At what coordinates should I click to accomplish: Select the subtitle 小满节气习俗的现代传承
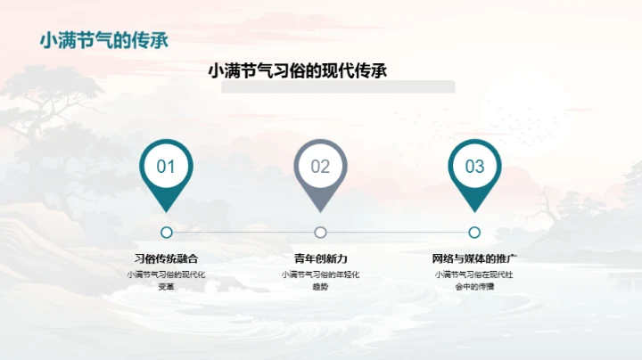297,71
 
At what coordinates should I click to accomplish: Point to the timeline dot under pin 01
167,233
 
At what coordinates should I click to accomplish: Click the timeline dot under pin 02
320,233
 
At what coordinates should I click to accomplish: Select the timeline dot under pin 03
474,233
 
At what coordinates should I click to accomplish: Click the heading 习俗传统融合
167,258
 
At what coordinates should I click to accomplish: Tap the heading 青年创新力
320,258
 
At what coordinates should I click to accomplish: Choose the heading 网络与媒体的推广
474,258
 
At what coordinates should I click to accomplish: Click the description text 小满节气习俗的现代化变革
167,280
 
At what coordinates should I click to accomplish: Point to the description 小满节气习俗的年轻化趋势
320,280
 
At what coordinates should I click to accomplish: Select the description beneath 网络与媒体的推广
474,280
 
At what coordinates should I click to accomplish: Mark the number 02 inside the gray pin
320,167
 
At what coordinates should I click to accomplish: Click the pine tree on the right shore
571,205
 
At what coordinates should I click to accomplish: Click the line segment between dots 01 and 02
243,233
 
